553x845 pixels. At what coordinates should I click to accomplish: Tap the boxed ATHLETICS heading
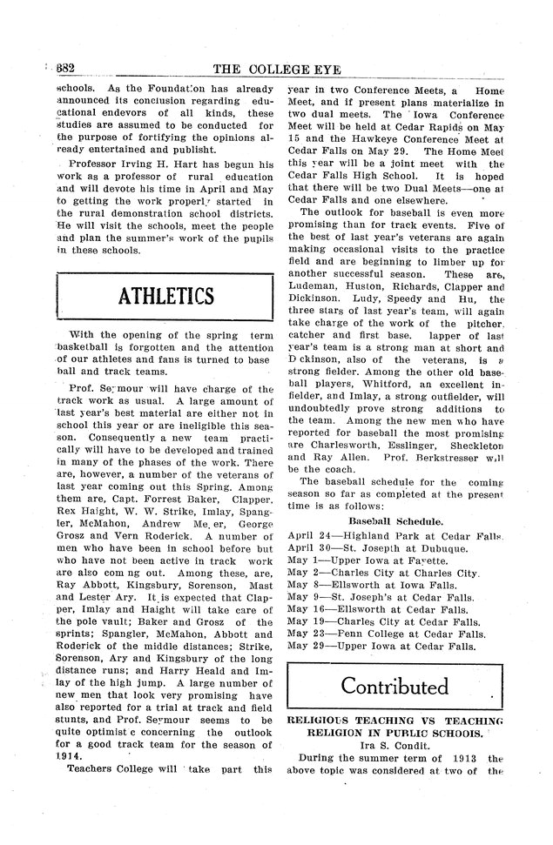(165, 297)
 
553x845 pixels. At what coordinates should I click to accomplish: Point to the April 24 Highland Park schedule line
(395, 536)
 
